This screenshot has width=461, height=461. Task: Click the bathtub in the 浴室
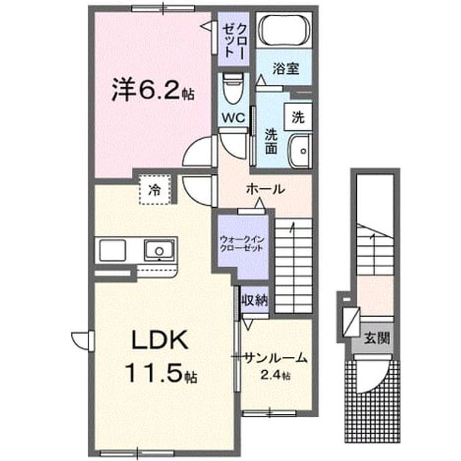pyautogui.click(x=284, y=29)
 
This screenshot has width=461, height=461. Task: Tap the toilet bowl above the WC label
pyautogui.click(x=233, y=89)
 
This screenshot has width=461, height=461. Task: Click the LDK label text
pyautogui.click(x=160, y=340)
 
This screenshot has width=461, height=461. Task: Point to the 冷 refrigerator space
pyautogui.click(x=155, y=190)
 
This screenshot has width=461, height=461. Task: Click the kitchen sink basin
pyautogui.click(x=159, y=250)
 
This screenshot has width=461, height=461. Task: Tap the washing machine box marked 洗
pyautogui.click(x=298, y=117)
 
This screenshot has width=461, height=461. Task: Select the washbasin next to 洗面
pyautogui.click(x=300, y=151)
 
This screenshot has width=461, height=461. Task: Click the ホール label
pyautogui.click(x=266, y=189)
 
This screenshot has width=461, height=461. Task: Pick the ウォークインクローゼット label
pyautogui.click(x=242, y=244)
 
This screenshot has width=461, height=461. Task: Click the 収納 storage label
pyautogui.click(x=255, y=301)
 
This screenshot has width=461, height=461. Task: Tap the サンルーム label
pyautogui.click(x=276, y=359)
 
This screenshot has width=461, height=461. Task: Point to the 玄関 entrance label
pyautogui.click(x=377, y=339)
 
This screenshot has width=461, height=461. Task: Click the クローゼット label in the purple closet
pyautogui.click(x=234, y=40)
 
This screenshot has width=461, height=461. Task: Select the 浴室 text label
pyautogui.click(x=286, y=69)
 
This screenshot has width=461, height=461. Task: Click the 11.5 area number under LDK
pyautogui.click(x=156, y=372)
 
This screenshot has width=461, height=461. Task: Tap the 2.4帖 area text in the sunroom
pyautogui.click(x=275, y=375)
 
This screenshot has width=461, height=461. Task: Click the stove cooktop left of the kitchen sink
pyautogui.click(x=113, y=250)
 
